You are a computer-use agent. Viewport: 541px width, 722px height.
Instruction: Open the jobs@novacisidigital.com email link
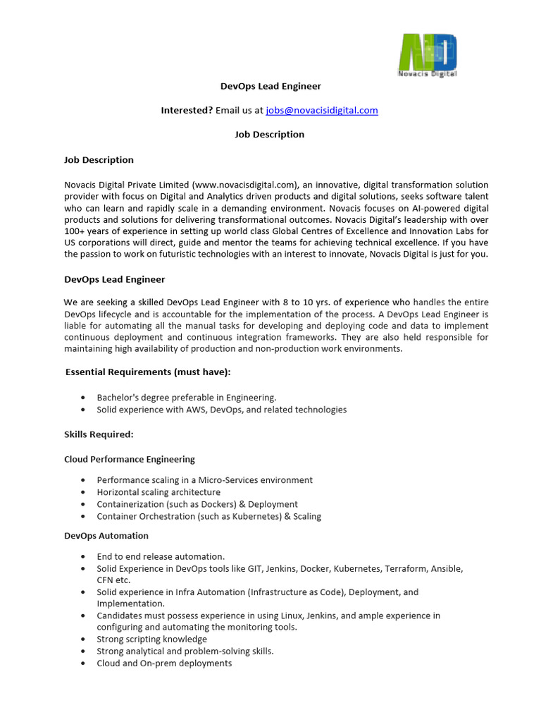pyautogui.click(x=321, y=110)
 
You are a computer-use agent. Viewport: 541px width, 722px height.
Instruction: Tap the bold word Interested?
pyautogui.click(x=187, y=110)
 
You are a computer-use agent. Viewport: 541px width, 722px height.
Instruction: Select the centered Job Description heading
pyautogui.click(x=270, y=134)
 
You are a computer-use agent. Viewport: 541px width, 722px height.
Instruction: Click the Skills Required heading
pyautogui.click(x=99, y=434)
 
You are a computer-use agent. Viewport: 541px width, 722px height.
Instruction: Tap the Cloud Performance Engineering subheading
pyautogui.click(x=130, y=459)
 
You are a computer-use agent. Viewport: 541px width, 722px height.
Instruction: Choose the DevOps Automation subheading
pyautogui.click(x=106, y=536)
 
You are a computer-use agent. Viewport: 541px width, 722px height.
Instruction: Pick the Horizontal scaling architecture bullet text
pyautogui.click(x=158, y=492)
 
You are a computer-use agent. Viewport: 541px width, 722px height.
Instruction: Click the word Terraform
pyautogui.click(x=404, y=568)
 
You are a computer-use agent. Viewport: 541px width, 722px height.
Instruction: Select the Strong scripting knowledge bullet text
pyautogui.click(x=152, y=640)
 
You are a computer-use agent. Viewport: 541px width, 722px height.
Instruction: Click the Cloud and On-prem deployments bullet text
pyautogui.click(x=164, y=663)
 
